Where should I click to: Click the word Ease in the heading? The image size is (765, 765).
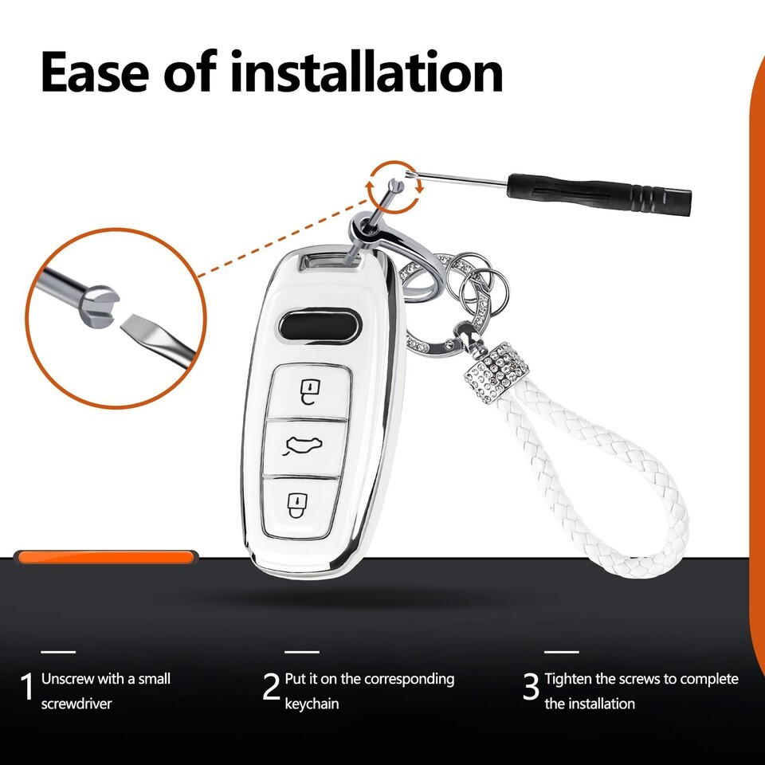(95, 73)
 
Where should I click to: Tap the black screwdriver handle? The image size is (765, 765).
(599, 194)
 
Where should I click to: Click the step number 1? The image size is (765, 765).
(27, 686)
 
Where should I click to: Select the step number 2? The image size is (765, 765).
(271, 686)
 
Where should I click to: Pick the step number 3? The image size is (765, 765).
(532, 686)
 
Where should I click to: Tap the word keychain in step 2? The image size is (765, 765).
(312, 704)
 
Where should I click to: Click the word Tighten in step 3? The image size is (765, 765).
(568, 679)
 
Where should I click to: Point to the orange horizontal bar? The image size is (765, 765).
(106, 557)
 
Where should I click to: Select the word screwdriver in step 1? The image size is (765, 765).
(76, 704)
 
